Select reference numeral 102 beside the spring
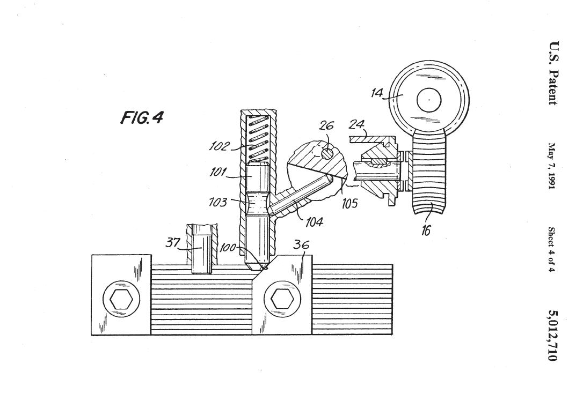click(220, 146)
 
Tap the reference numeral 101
click(218, 173)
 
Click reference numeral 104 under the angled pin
click(314, 221)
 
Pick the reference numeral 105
click(349, 203)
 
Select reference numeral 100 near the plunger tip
click(228, 248)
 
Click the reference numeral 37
click(172, 243)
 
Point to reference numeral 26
click(326, 126)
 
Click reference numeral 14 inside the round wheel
click(377, 92)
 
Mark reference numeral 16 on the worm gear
click(426, 231)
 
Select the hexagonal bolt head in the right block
click(281, 299)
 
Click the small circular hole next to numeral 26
click(327, 153)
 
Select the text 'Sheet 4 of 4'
click(551, 249)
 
